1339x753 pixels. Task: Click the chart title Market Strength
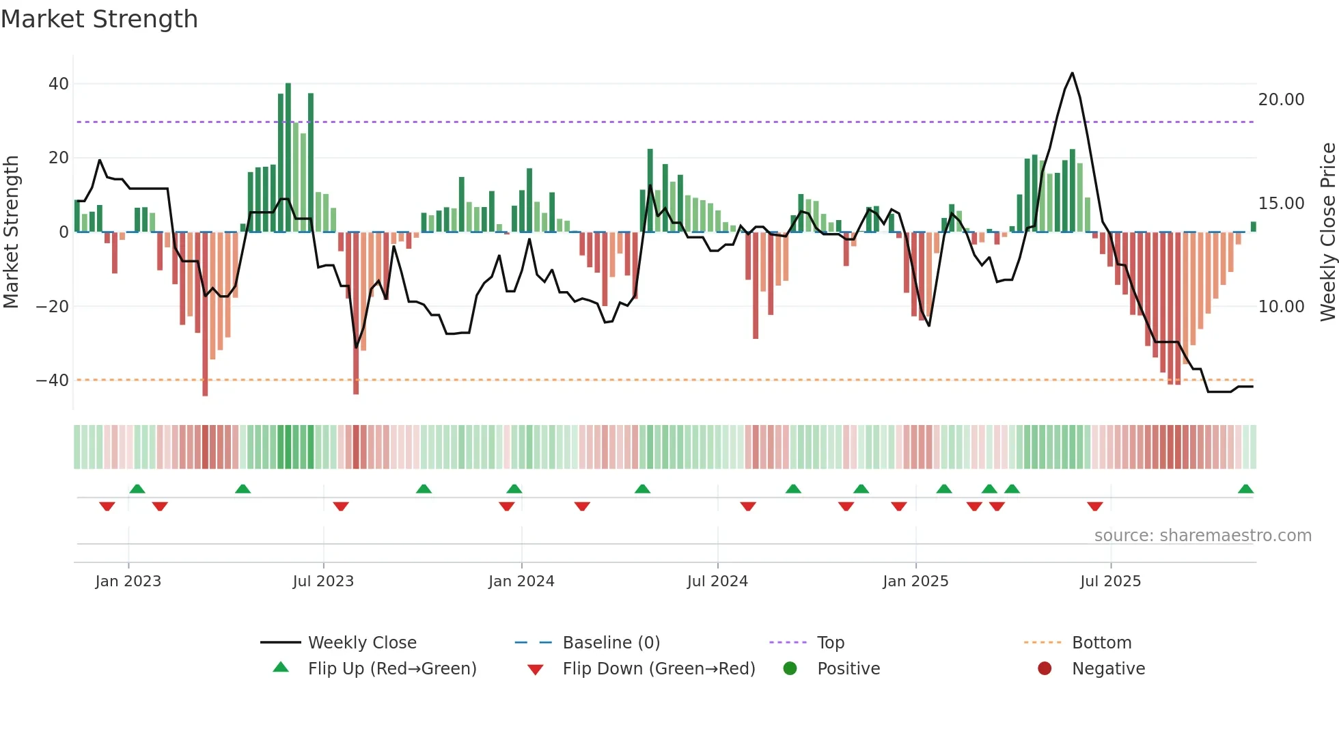coord(99,18)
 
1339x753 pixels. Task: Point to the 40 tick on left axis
coord(58,84)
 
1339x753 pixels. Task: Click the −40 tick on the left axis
coord(53,380)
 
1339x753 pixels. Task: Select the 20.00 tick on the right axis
coord(1281,100)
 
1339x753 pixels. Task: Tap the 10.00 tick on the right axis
coord(1281,307)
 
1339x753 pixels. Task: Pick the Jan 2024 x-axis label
coord(521,581)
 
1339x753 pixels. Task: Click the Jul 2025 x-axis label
coord(1110,581)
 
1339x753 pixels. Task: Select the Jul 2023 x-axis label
coord(323,581)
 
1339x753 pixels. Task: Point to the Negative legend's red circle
coord(1045,669)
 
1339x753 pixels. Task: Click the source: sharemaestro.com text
coord(1202,536)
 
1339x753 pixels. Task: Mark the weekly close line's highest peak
coord(1072,73)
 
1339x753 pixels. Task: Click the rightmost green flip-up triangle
coord(1245,489)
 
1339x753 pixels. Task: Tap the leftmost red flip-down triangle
coord(107,506)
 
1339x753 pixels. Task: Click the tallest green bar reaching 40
coord(288,157)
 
